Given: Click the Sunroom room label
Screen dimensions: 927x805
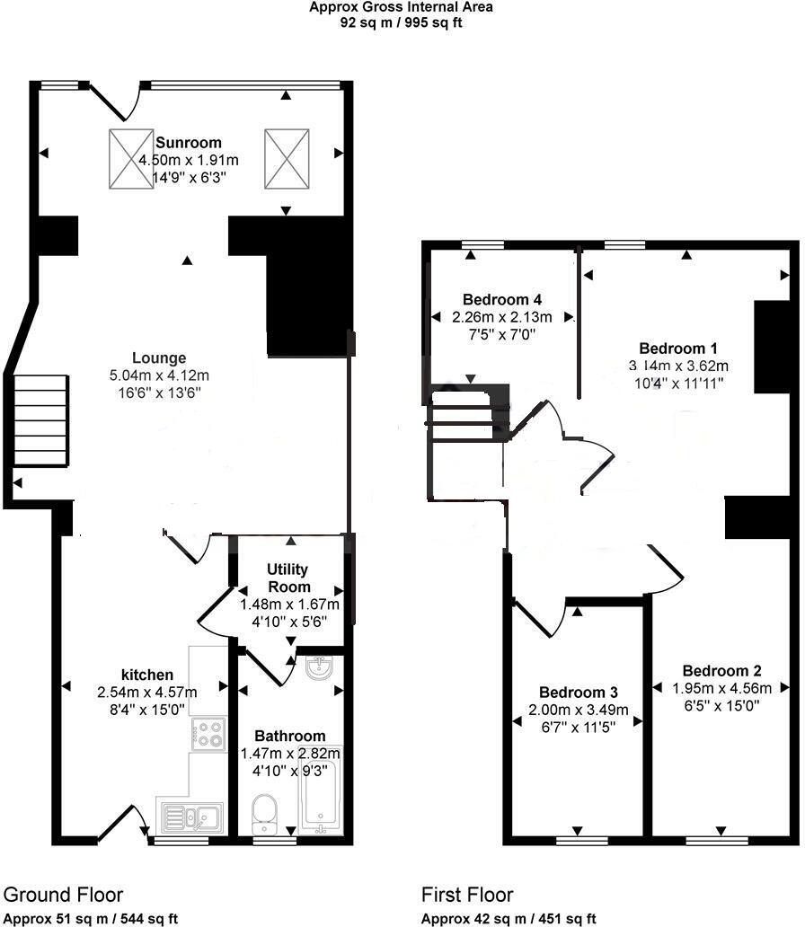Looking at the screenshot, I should [188, 143].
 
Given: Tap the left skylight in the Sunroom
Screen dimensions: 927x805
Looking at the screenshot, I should [131, 159].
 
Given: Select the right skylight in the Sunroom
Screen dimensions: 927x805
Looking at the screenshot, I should [287, 159].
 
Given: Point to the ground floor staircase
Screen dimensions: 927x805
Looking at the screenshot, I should [40, 420].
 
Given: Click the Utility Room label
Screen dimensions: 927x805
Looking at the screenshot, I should [287, 578].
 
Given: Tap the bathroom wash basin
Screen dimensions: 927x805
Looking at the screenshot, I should [319, 667].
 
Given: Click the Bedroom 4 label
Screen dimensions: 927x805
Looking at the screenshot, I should [502, 299].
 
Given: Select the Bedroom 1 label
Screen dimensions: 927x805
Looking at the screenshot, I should [678, 349].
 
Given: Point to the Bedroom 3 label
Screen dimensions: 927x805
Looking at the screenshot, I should [579, 693].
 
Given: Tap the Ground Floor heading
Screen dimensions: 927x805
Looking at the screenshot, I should [63, 895].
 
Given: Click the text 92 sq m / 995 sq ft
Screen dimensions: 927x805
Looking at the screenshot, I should [401, 22].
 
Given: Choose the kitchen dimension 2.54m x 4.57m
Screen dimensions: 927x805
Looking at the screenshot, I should [147, 692].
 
